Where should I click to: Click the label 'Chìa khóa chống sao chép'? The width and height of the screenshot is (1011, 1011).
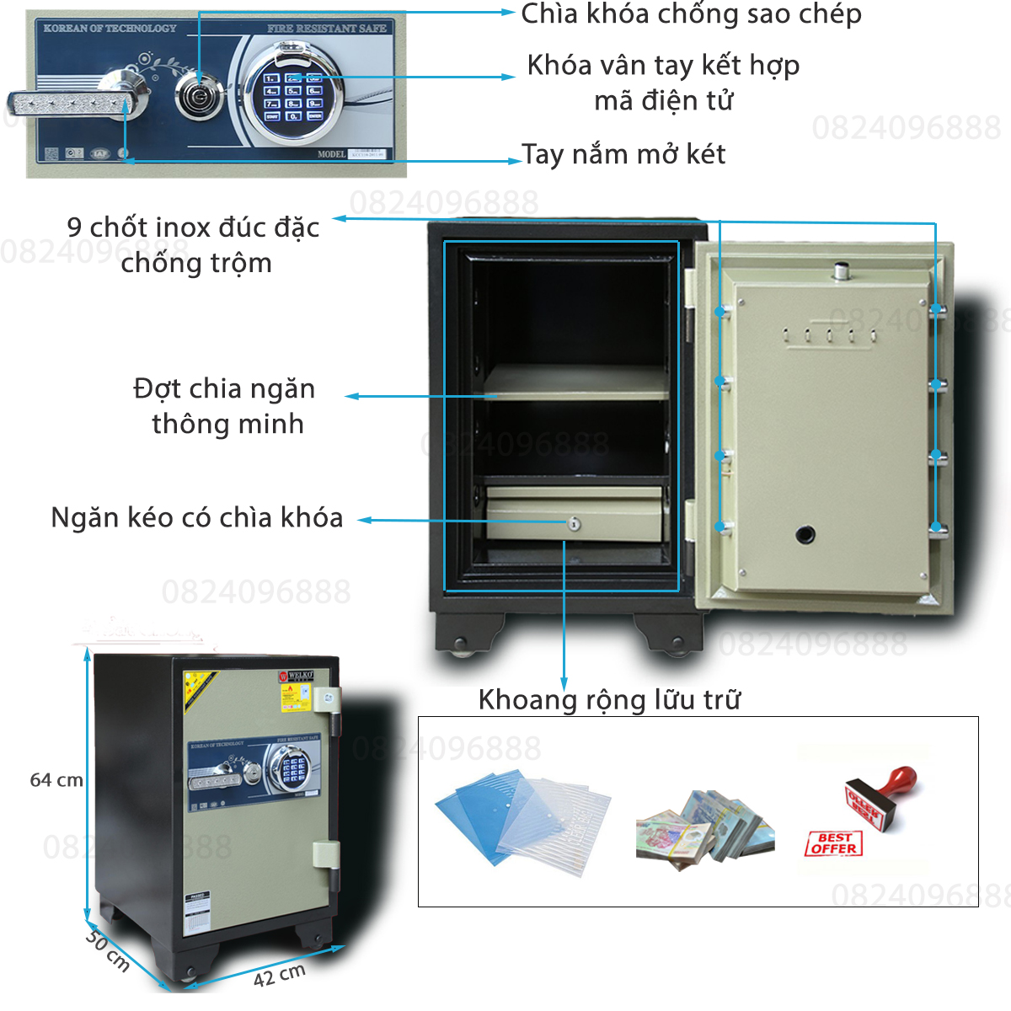(x=691, y=15)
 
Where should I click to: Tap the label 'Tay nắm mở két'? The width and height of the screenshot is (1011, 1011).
(x=623, y=154)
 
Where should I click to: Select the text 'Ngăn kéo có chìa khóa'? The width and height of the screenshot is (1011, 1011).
(x=197, y=517)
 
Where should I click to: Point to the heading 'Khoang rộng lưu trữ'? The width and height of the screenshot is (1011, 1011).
(x=609, y=699)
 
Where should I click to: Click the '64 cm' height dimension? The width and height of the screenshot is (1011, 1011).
(x=56, y=780)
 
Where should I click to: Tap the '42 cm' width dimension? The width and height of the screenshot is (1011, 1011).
(x=280, y=975)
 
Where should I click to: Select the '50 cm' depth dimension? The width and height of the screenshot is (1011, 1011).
(x=108, y=949)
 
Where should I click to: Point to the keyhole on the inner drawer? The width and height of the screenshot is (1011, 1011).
(x=575, y=524)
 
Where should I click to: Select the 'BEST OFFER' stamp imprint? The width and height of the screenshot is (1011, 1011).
(x=833, y=843)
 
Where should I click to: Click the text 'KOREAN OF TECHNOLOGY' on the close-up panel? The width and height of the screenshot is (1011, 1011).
(x=110, y=29)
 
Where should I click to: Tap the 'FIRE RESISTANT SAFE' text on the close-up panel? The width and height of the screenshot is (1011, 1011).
(x=326, y=29)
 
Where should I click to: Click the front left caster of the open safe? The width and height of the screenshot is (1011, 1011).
(x=460, y=647)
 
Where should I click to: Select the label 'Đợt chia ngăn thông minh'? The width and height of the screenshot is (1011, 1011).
(x=225, y=406)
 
